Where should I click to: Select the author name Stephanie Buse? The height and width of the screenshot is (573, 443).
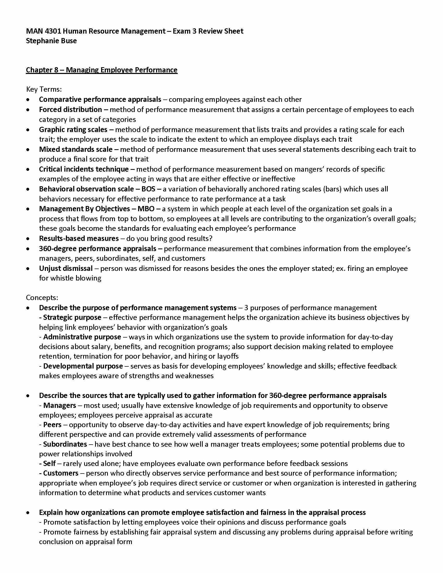point(51,41)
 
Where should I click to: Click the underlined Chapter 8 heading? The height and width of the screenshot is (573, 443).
point(102,70)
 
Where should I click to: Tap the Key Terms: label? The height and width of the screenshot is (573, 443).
point(44,89)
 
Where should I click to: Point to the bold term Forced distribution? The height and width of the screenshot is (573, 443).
point(70,109)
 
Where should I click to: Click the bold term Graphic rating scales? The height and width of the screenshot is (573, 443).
point(73,130)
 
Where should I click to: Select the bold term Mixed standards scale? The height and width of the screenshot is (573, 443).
point(76,149)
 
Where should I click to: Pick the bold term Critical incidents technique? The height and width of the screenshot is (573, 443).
point(84,169)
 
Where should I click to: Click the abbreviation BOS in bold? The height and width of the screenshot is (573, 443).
point(148,189)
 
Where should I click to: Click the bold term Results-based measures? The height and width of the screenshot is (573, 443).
point(79,239)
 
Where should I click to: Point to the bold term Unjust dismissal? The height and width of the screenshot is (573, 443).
point(66,268)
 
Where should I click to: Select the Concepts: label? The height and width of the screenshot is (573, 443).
point(42,298)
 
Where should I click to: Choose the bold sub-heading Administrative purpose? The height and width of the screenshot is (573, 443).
point(82,337)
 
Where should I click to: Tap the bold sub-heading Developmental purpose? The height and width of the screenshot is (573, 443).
point(83,366)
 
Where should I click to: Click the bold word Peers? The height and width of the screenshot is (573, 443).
point(52,425)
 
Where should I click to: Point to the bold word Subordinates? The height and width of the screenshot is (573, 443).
point(65,444)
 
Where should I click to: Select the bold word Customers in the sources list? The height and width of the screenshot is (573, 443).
point(61,473)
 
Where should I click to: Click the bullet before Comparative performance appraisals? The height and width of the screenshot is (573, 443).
point(28,100)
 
